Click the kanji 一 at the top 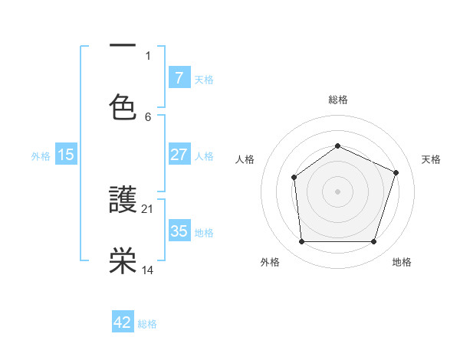[123, 46]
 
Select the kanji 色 [123, 107]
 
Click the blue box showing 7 [179, 78]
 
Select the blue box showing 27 [179, 155]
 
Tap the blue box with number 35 [179, 231]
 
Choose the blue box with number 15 [66, 155]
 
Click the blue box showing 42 [123, 322]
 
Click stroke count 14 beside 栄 [148, 270]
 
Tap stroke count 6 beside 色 [148, 117]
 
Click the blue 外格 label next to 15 [41, 155]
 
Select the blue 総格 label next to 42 [147, 323]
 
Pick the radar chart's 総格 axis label [337, 100]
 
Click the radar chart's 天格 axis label [432, 159]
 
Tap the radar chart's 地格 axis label [402, 262]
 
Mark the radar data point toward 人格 [294, 178]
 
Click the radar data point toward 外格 [301, 242]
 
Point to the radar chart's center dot [337, 191]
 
